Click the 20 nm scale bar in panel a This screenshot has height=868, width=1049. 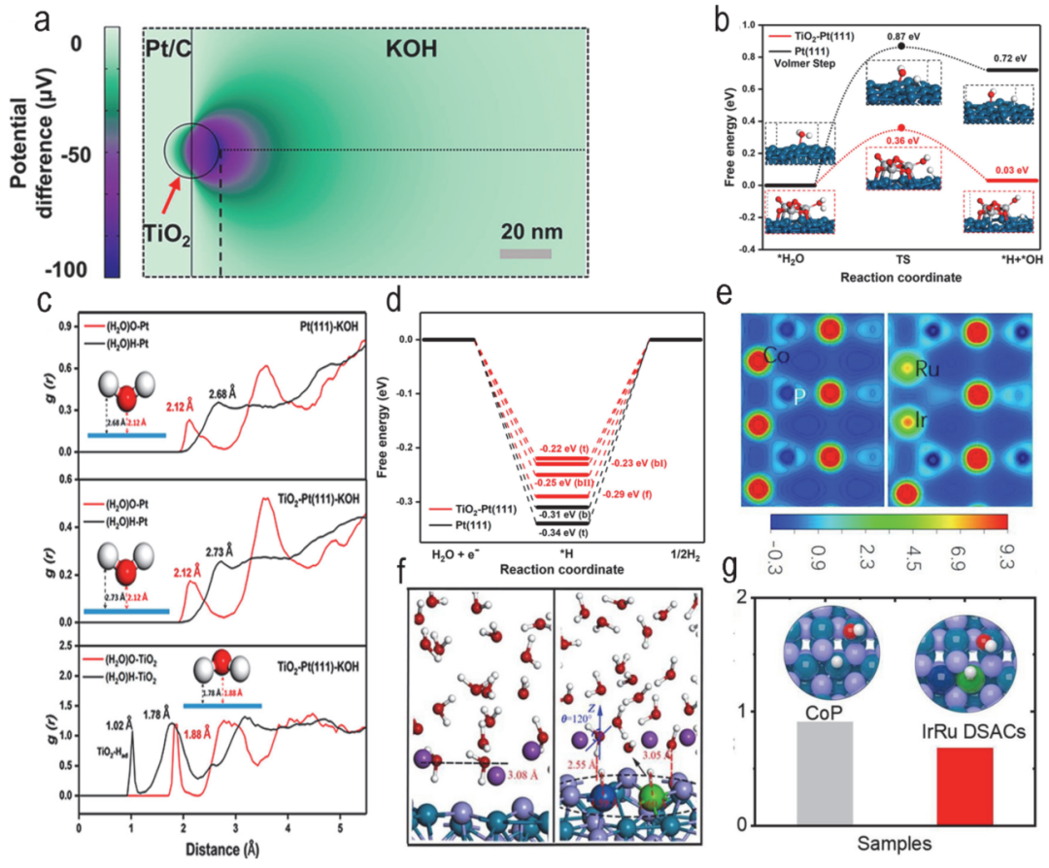(525, 254)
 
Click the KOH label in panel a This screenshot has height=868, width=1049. (378, 46)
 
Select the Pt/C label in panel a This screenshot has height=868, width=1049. (166, 47)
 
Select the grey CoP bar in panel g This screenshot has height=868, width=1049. (825, 773)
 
